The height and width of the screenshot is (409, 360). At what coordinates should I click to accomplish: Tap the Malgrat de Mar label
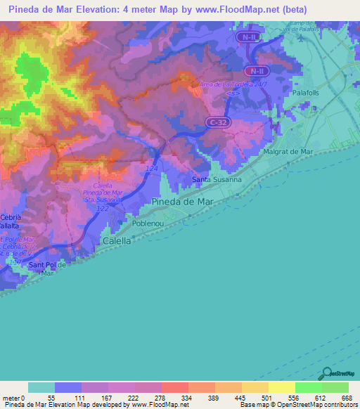tap(287, 151)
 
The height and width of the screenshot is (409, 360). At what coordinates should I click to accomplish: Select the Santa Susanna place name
tap(217, 179)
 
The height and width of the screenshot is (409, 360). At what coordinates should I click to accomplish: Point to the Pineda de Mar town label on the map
tap(181, 202)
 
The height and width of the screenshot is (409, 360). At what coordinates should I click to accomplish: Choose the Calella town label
tap(117, 240)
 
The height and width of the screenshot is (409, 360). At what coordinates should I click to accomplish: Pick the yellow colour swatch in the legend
tap(281, 387)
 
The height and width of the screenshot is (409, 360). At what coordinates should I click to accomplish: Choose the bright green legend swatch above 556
tap(308, 387)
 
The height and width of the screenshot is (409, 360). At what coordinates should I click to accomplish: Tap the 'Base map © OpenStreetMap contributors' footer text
tap(296, 404)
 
